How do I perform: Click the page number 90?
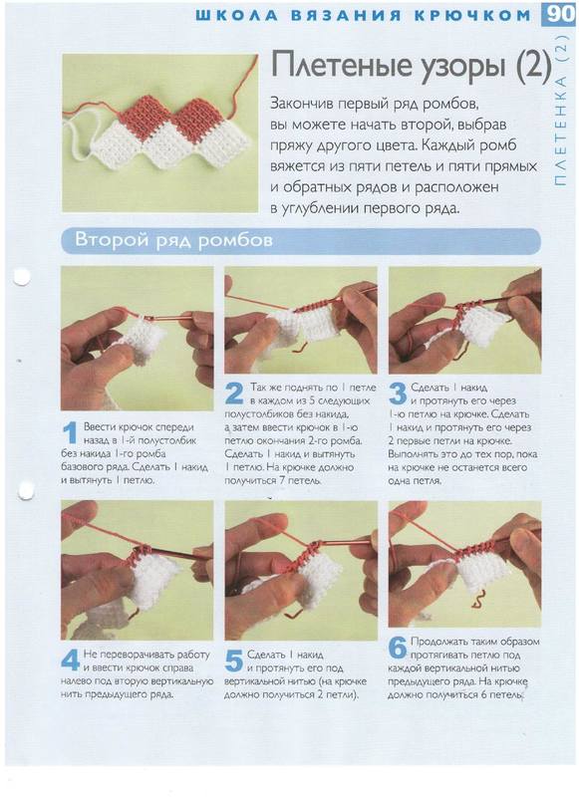tap(560, 14)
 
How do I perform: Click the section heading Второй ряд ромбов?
tap(173, 239)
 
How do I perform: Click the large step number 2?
tap(234, 395)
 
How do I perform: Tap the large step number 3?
tap(398, 395)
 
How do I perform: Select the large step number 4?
tap(71, 660)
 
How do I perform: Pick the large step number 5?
tap(234, 661)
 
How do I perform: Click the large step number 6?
tap(398, 648)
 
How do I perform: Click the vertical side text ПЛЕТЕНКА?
tap(560, 132)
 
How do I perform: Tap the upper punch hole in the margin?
tap(21, 277)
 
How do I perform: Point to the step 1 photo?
tap(137, 338)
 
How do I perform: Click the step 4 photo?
tap(137, 569)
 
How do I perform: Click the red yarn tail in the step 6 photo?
tap(476, 600)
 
